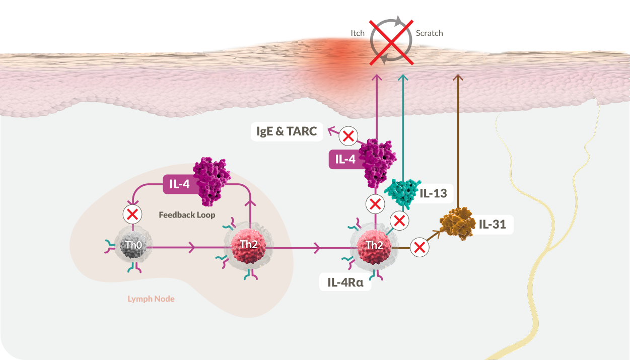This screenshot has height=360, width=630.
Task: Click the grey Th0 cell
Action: pyautogui.click(x=133, y=244)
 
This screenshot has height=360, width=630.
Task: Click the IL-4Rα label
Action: pyautogui.click(x=345, y=282)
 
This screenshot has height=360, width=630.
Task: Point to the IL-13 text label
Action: pyautogui.click(x=433, y=193)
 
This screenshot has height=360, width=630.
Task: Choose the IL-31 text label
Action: pyautogui.click(x=492, y=225)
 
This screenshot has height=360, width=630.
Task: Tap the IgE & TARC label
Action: pyautogui.click(x=287, y=131)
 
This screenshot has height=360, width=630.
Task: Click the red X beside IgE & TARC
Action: pyautogui.click(x=348, y=136)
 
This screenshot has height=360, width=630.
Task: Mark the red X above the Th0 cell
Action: pyautogui.click(x=132, y=214)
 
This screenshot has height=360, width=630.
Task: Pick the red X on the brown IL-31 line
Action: pyautogui.click(x=419, y=248)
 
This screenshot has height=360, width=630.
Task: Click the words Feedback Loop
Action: pyautogui.click(x=187, y=215)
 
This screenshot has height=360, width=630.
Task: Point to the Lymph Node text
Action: pyautogui.click(x=151, y=299)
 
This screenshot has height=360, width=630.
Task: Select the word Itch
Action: pyautogui.click(x=358, y=33)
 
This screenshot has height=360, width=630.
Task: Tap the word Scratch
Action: pyautogui.click(x=430, y=33)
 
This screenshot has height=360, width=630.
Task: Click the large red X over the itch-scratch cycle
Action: pyautogui.click(x=391, y=42)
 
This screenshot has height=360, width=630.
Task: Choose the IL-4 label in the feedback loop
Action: pyautogui.click(x=179, y=184)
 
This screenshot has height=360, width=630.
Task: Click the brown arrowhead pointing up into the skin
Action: pyautogui.click(x=458, y=77)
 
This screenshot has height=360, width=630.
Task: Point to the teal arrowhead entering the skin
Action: pyautogui.click(x=403, y=78)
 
